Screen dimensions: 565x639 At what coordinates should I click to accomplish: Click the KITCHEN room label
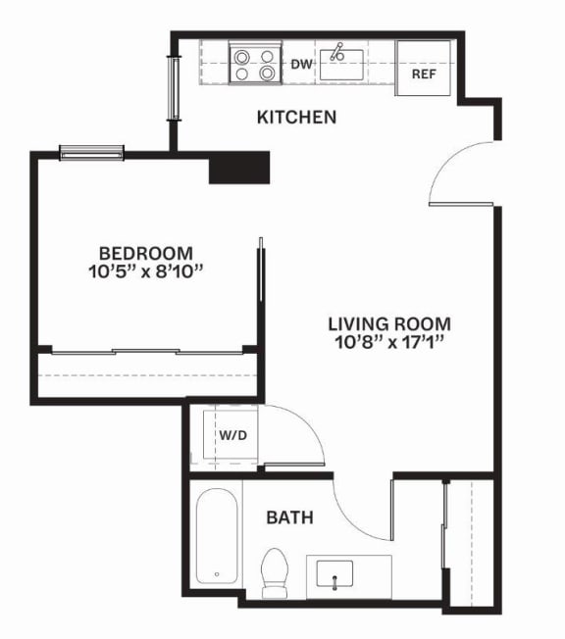point(296,118)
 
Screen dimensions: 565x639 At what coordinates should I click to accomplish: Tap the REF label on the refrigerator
point(424,74)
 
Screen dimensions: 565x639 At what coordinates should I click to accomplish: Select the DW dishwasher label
point(302,64)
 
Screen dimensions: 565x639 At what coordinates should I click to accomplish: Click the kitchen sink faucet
point(337,52)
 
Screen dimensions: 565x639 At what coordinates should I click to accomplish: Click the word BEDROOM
point(146,254)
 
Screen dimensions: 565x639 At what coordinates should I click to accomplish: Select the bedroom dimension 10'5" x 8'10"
point(146,271)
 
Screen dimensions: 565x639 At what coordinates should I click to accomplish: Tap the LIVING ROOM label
point(389,324)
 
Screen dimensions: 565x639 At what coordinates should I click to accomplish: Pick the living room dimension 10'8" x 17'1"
point(389,342)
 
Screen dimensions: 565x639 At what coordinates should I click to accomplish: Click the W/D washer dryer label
point(232,435)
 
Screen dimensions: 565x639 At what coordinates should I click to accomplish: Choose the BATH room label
point(289,517)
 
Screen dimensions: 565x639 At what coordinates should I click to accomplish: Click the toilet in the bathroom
point(274,573)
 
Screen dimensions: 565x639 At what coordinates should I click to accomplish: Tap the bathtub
point(217,536)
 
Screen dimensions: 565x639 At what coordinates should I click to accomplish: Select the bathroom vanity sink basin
point(334,573)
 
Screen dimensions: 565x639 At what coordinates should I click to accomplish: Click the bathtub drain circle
point(217,574)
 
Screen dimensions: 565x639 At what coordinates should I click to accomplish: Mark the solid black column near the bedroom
point(239,168)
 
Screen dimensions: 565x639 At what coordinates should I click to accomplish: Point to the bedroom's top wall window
point(91,153)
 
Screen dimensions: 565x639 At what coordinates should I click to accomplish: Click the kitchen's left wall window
point(175,88)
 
